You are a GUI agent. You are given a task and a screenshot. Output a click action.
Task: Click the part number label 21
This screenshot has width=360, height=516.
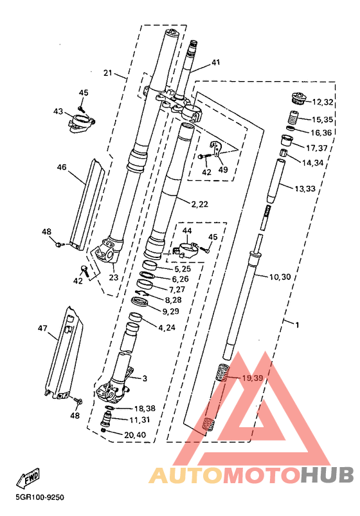tap(108, 73)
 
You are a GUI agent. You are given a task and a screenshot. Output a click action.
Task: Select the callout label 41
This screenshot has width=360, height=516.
tap(215, 62)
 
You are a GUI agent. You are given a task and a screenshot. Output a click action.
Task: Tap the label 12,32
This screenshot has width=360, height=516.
tap(323, 102)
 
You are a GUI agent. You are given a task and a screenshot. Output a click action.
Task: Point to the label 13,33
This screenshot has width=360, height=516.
tap(305, 189)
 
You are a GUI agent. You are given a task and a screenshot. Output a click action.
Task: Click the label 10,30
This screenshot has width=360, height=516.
tap(280, 277)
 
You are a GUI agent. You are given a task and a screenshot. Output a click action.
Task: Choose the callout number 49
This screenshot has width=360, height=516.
tap(223, 170)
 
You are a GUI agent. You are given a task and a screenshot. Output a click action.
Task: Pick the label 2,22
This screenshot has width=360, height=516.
tap(199, 204)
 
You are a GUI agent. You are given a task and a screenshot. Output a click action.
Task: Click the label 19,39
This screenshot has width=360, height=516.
tap(252, 378)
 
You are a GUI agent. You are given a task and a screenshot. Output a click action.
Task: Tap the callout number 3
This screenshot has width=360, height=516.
tap(145, 378)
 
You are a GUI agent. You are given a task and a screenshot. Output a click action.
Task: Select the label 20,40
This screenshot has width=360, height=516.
tap(135, 435)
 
